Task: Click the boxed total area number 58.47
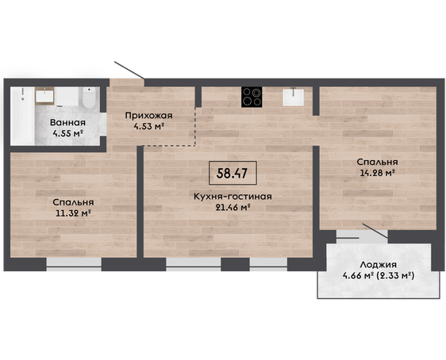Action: (x=232, y=173)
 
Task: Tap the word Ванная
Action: (x=67, y=123)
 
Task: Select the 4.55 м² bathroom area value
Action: (x=67, y=133)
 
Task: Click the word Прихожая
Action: (x=148, y=116)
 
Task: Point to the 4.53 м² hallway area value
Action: (x=148, y=126)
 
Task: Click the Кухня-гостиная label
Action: (x=233, y=197)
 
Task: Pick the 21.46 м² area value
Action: (x=233, y=207)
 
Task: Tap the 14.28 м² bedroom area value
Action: (x=377, y=173)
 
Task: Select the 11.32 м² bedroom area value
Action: (x=73, y=213)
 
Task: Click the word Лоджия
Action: (x=378, y=265)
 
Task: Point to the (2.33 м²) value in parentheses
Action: (x=395, y=275)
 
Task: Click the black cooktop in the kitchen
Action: (x=252, y=97)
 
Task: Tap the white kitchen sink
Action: (x=294, y=97)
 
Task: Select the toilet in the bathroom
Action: (x=89, y=98)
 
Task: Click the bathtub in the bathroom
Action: (x=22, y=116)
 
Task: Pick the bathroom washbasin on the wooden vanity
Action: (x=45, y=96)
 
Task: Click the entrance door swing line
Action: (x=129, y=70)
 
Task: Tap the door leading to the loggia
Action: (x=375, y=231)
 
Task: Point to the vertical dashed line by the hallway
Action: (x=195, y=126)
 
